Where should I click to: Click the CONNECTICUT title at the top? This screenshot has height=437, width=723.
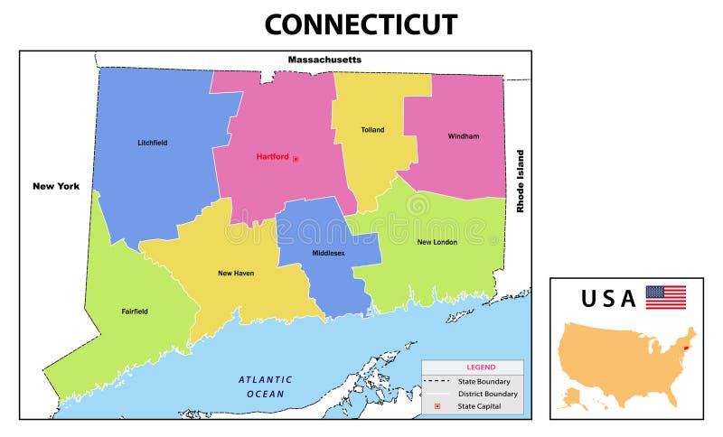tap(361, 23)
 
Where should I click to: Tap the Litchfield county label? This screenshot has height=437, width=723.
tap(152, 143)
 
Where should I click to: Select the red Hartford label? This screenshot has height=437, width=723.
tap(272, 156)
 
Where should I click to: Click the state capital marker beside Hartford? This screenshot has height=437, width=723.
tap(296, 158)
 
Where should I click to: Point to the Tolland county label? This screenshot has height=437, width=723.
tap(372, 130)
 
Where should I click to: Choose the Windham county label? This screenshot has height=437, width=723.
tap(463, 136)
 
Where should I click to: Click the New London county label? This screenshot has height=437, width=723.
tap(437, 242)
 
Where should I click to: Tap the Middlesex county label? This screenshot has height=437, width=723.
tap(329, 254)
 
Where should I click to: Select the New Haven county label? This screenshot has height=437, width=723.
tap(237, 272)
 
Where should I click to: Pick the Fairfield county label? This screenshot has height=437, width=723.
tap(135, 311)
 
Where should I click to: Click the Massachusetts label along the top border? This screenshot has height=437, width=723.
tap(324, 60)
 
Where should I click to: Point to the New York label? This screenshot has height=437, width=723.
tap(56, 186)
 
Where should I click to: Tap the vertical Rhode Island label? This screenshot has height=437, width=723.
tap(520, 181)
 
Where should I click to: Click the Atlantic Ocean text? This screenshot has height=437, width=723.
tap(265, 386)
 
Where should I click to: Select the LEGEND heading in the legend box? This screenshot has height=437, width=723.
tap(480, 367)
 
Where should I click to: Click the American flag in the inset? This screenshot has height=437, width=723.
tap(665, 297)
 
